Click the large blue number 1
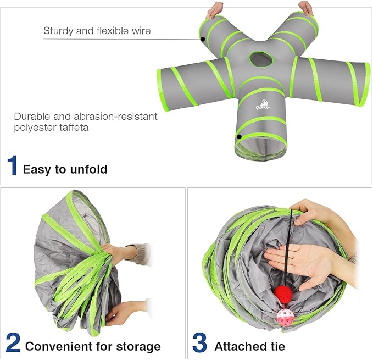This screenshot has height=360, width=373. [12, 165]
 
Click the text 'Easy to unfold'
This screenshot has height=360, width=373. [65, 169]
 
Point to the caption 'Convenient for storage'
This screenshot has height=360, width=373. [93, 346]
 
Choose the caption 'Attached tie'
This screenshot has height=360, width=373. [249, 346]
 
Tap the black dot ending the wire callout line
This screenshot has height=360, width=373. [203, 40]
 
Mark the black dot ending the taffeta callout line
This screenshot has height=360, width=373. [239, 136]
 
